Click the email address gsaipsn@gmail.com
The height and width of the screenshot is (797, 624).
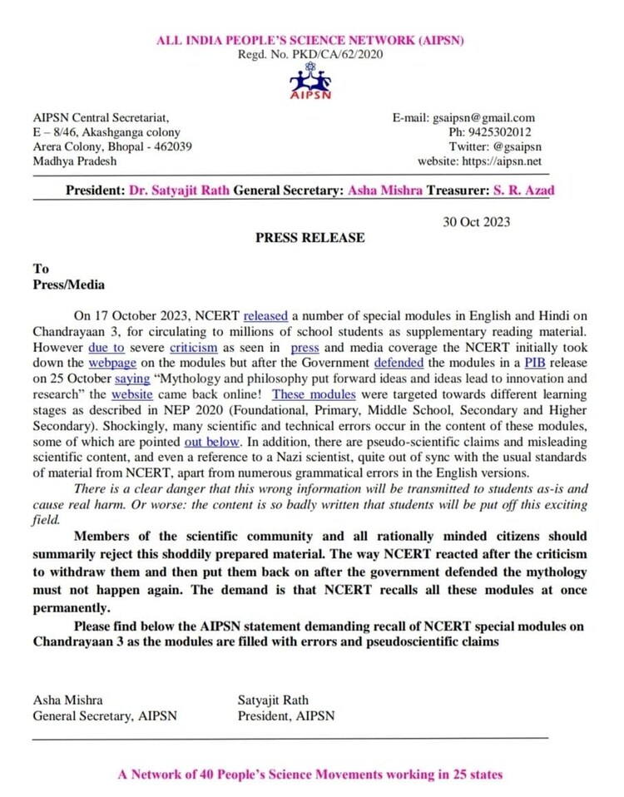pyautogui.click(x=487, y=118)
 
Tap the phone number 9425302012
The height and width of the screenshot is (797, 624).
pyautogui.click(x=503, y=132)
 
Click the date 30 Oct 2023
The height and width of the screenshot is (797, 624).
pyautogui.click(x=474, y=221)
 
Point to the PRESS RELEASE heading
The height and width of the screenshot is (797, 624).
pyautogui.click(x=310, y=238)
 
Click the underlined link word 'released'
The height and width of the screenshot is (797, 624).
pyautogui.click(x=265, y=316)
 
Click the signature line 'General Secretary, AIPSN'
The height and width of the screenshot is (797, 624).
pyautogui.click(x=104, y=715)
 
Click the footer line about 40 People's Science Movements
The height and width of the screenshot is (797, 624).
pyautogui.click(x=310, y=775)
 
